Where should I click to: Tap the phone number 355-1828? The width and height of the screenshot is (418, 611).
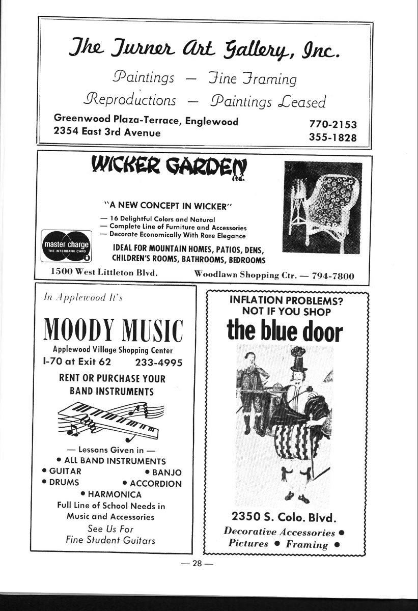click(332, 138)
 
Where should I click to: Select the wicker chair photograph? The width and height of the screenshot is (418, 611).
click(323, 207)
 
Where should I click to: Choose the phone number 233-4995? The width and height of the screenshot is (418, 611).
click(158, 363)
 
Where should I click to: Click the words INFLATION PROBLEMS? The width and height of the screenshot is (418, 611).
click(286, 300)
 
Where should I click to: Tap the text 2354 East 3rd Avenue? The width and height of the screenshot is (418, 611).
click(107, 133)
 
